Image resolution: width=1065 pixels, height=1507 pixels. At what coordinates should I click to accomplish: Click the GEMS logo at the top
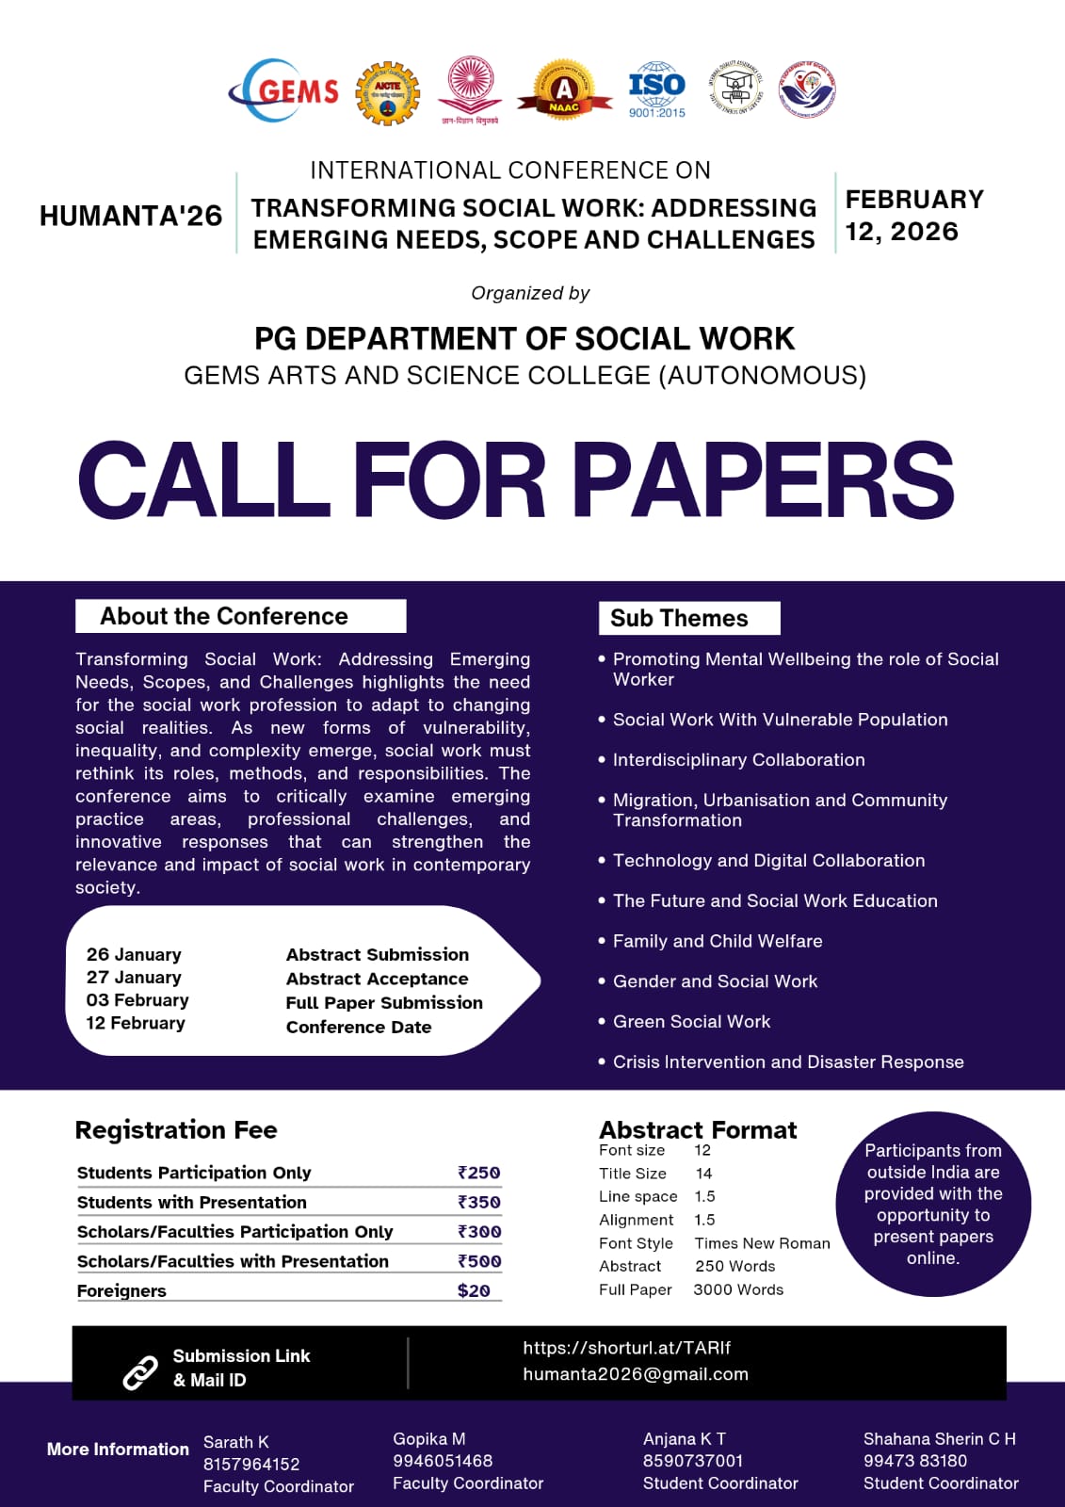(x=284, y=90)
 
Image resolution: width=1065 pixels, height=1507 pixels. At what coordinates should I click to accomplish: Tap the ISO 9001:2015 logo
(x=656, y=90)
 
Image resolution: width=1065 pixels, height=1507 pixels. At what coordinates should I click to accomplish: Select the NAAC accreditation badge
(x=563, y=91)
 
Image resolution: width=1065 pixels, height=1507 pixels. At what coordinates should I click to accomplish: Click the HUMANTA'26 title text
(x=131, y=216)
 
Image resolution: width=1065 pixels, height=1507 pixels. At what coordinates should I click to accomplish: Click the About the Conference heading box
(x=240, y=616)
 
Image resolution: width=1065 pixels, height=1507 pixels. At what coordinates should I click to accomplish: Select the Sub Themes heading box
(x=688, y=618)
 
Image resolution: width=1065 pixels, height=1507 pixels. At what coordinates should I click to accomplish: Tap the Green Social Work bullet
(x=691, y=1021)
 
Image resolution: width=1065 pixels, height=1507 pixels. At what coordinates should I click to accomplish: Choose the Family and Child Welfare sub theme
(x=718, y=941)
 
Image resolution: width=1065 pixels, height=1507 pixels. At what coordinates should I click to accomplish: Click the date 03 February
(x=137, y=999)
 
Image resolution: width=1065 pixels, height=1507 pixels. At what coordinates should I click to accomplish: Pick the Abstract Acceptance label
(x=377, y=979)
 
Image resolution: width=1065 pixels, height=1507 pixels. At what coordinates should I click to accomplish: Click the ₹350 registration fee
(x=478, y=1202)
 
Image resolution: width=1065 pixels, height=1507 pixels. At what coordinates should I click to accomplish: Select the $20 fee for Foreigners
(x=474, y=1290)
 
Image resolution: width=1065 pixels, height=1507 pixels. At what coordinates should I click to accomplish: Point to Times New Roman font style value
(x=762, y=1243)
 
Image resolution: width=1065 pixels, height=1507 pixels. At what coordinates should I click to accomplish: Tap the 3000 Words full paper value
(x=738, y=1289)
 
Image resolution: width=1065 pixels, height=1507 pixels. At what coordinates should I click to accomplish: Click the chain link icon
(x=140, y=1371)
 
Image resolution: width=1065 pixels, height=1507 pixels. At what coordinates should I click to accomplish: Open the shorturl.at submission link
(x=626, y=1348)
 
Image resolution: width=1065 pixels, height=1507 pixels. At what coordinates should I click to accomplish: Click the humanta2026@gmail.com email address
(x=636, y=1374)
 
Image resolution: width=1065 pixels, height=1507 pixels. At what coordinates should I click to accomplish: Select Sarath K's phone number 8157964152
(x=251, y=1464)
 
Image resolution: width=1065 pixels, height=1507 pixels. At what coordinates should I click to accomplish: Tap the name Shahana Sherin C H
(x=939, y=1438)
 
